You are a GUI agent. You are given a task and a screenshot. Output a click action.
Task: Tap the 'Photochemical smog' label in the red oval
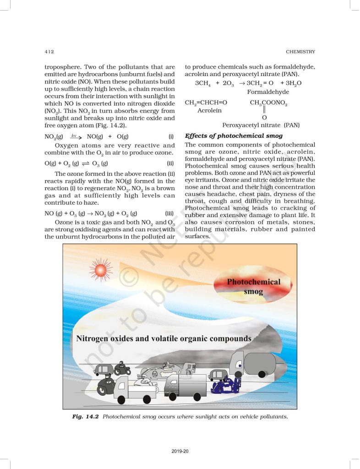click(254, 286)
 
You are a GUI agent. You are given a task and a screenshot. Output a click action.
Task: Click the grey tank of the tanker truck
click(260, 363)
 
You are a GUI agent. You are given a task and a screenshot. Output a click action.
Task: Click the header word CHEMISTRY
click(300, 51)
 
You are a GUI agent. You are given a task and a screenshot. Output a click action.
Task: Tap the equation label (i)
click(171, 136)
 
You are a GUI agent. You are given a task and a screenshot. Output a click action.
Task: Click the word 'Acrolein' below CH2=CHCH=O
click(209, 110)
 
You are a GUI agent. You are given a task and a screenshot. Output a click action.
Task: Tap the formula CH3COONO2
click(268, 103)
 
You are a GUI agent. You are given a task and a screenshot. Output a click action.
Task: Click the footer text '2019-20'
click(180, 452)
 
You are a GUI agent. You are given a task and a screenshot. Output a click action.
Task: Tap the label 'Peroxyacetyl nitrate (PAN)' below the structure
click(261, 125)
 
